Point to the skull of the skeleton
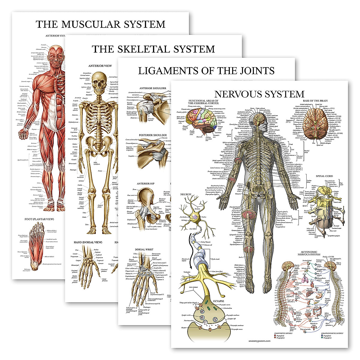[x=99, y=81]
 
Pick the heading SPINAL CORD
[x=324, y=176]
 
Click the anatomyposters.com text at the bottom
[x=259, y=341]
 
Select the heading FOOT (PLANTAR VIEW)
[x=39, y=219]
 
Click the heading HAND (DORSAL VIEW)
[x=88, y=242]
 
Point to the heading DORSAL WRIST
[x=144, y=249]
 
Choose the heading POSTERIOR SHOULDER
[x=151, y=135]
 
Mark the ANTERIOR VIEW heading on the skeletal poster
[x=100, y=66]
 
